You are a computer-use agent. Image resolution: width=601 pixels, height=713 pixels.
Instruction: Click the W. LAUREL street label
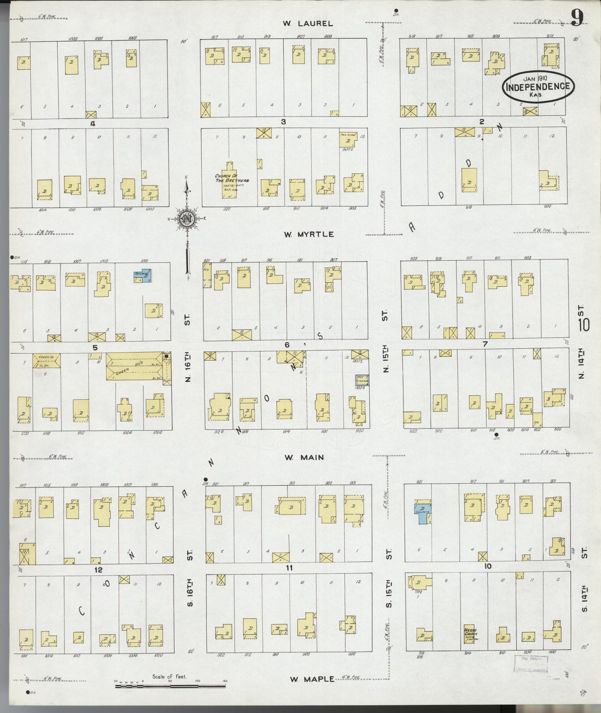coord(308,24)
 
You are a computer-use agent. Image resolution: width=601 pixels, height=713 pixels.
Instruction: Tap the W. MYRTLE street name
coord(309,235)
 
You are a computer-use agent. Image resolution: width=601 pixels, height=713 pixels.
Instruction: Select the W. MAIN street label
coord(304,458)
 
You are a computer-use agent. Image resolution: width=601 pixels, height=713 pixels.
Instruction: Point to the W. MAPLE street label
coord(312,679)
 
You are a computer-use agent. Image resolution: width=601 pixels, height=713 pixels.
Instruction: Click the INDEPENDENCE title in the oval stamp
coord(538,87)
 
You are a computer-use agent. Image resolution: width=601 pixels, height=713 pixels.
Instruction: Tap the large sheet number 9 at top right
coord(578,18)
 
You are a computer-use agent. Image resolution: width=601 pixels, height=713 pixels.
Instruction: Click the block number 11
coord(289,567)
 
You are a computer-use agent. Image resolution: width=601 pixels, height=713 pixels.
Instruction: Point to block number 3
coord(283,121)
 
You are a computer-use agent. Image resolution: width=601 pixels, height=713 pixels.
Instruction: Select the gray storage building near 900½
coord(361,380)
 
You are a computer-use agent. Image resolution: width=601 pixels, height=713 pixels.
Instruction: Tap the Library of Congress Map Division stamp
coord(531,664)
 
